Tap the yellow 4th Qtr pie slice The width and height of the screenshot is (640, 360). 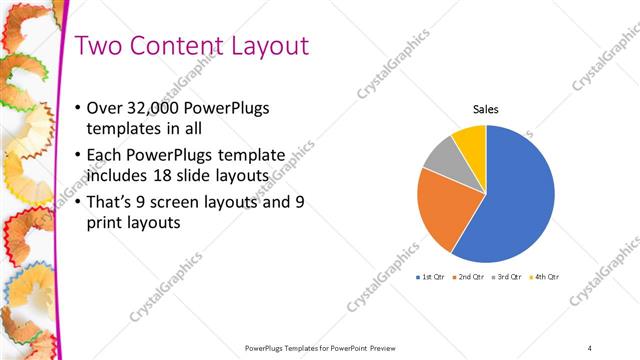(x=471, y=139)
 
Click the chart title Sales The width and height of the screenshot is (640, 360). (x=486, y=110)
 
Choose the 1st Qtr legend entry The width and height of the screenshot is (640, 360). (x=432, y=276)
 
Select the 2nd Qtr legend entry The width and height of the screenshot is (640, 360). (x=470, y=276)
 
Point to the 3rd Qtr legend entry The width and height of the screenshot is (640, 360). (x=508, y=276)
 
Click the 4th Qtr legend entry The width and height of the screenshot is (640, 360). (x=546, y=276)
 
